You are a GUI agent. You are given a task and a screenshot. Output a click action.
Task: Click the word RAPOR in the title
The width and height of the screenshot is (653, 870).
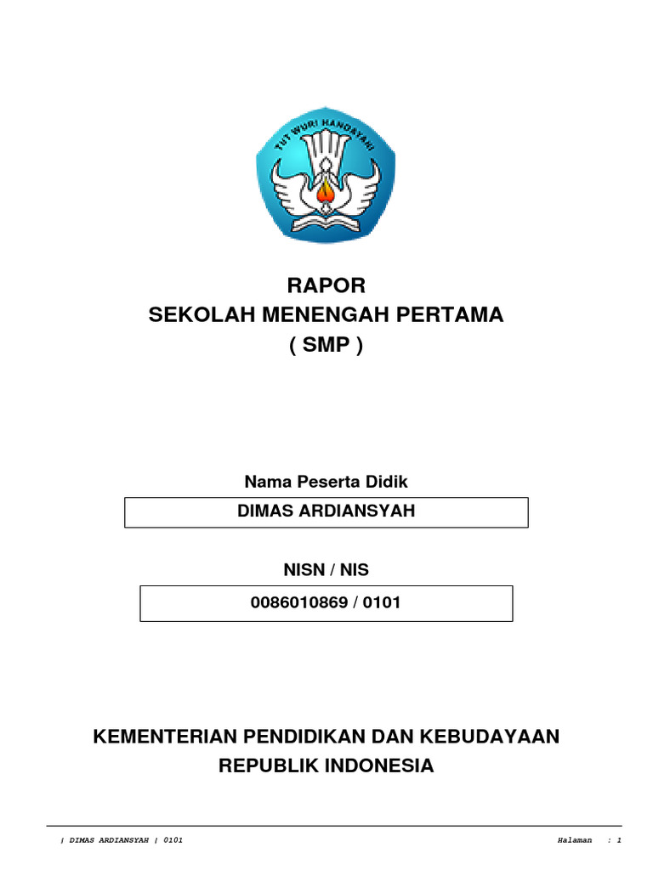[326, 284]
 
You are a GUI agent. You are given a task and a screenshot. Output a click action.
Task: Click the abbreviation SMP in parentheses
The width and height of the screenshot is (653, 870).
[326, 347]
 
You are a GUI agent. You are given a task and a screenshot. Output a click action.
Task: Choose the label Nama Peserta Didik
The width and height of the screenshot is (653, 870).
[326, 482]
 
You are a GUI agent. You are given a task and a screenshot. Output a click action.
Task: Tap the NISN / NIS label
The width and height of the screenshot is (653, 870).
[326, 570]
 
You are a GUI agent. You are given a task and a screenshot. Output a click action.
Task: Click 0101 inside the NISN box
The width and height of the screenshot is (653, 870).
[380, 602]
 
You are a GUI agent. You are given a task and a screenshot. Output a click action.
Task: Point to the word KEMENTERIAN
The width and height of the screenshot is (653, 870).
[164, 736]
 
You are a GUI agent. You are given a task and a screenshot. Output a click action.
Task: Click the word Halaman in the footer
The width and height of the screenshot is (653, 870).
[574, 840]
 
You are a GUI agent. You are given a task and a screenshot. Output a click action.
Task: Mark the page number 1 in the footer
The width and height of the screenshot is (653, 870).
[620, 840]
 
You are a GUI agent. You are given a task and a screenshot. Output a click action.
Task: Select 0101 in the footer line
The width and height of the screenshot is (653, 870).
[171, 840]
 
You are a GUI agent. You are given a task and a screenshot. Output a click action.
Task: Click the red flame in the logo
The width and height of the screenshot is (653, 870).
[326, 195]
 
